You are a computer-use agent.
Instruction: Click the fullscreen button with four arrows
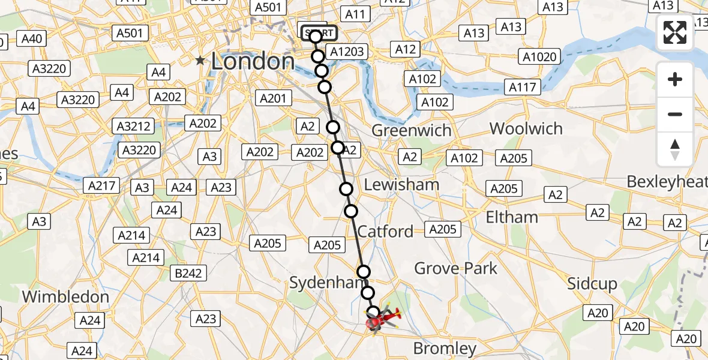[675, 32]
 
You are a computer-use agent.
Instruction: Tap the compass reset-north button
[675, 149]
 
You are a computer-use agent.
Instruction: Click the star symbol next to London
[200, 61]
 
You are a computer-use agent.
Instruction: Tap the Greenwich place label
[411, 130]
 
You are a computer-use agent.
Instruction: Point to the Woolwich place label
[526, 128]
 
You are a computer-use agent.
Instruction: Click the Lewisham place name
[401, 184]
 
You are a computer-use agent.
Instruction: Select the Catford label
[385, 231]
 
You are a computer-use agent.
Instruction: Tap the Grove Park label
[456, 268]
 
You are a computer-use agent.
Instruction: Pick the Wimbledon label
[57, 296]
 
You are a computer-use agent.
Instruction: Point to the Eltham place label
[512, 216]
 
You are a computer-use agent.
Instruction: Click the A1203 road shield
[347, 52]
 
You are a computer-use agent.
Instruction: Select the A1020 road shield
[540, 57]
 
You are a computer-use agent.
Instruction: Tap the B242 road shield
[188, 274]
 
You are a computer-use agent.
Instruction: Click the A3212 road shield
[134, 126]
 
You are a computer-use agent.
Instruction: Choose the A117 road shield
[523, 87]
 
